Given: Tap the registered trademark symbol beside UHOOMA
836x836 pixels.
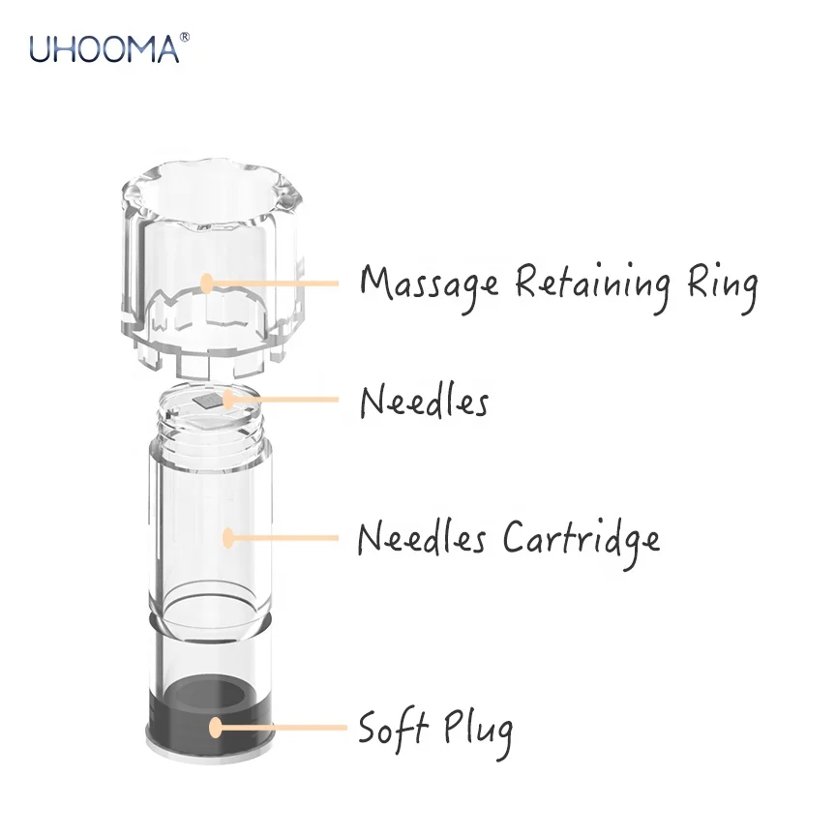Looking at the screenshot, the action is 184,36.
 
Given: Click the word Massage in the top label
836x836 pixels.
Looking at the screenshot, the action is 429,284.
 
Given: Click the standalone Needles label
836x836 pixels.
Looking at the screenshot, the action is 424,400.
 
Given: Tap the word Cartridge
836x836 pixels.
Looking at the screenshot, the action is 581,539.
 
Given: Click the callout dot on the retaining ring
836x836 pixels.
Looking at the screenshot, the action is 206,283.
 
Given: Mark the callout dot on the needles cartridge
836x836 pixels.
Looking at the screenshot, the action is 228,535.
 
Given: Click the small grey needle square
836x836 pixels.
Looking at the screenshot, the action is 204,402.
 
